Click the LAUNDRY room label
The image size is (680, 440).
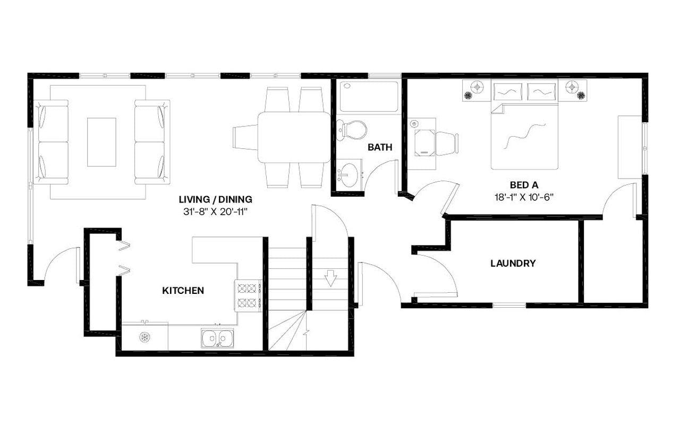[x=513, y=263]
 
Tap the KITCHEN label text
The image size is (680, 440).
[x=183, y=291]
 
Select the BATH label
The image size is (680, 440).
[x=380, y=147]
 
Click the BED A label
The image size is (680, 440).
[x=524, y=185]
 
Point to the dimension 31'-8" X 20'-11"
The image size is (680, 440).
[x=215, y=211]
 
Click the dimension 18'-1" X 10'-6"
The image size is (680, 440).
[x=524, y=196]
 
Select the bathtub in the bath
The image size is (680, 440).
[x=369, y=96]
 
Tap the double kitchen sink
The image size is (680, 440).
[x=217, y=338]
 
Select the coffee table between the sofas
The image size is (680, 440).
[x=101, y=142]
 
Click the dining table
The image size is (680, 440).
[x=294, y=137]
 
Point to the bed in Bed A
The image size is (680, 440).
[x=524, y=136]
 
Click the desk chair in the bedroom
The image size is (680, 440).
[x=447, y=143]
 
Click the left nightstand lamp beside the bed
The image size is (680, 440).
[x=477, y=86]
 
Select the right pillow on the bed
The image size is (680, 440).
[x=541, y=91]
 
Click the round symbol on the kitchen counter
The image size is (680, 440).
[x=144, y=336]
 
